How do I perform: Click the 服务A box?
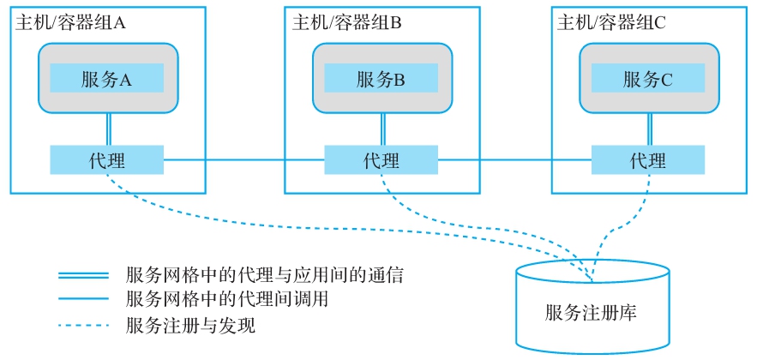[106, 80]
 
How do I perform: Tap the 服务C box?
[648, 80]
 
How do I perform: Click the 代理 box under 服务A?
[106, 160]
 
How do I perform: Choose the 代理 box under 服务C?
[648, 160]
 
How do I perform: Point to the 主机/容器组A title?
[70, 23]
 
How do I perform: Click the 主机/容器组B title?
[346, 23]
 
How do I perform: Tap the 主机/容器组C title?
[611, 23]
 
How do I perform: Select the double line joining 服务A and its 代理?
[107, 129]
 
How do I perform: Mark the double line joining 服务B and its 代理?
[382, 129]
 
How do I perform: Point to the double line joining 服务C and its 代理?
[649, 129]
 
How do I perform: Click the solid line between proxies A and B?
[244, 159]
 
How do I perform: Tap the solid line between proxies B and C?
[514, 159]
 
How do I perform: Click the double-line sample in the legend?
[83, 276]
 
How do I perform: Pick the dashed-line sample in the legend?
[83, 326]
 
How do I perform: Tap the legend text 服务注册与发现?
[190, 326]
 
